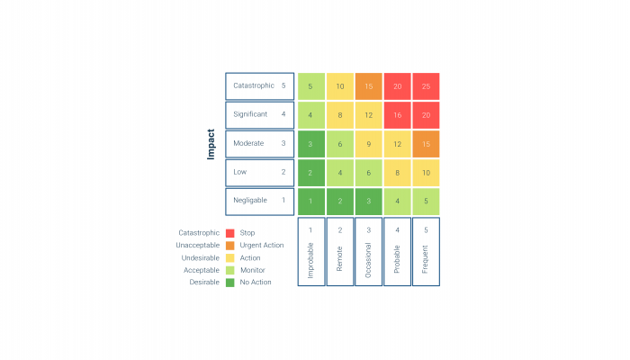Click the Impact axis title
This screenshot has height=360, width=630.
pos(211,143)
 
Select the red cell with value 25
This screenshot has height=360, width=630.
pos(426,85)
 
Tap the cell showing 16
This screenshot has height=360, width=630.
pos(397,114)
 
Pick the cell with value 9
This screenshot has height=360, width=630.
pos(368,143)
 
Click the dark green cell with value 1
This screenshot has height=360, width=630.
pos(310,201)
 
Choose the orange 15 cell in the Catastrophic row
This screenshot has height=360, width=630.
pos(368,85)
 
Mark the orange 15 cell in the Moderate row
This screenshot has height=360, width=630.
pos(426,143)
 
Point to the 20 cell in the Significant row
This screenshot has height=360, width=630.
pos(426,114)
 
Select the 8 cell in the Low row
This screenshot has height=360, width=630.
pos(397,172)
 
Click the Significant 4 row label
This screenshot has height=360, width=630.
pos(259,114)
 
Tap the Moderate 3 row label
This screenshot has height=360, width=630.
pos(259,143)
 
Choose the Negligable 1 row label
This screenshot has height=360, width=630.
pos(259,201)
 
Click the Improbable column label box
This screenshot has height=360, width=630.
pos(310,251)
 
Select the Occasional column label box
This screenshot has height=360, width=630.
pos(368,251)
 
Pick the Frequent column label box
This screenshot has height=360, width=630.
pos(426,251)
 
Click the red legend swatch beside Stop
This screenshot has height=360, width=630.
pos(230,233)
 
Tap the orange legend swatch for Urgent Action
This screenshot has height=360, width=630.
pos(230,245)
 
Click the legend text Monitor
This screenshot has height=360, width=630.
pos(254,270)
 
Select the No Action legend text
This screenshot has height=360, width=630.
pos(256,282)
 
